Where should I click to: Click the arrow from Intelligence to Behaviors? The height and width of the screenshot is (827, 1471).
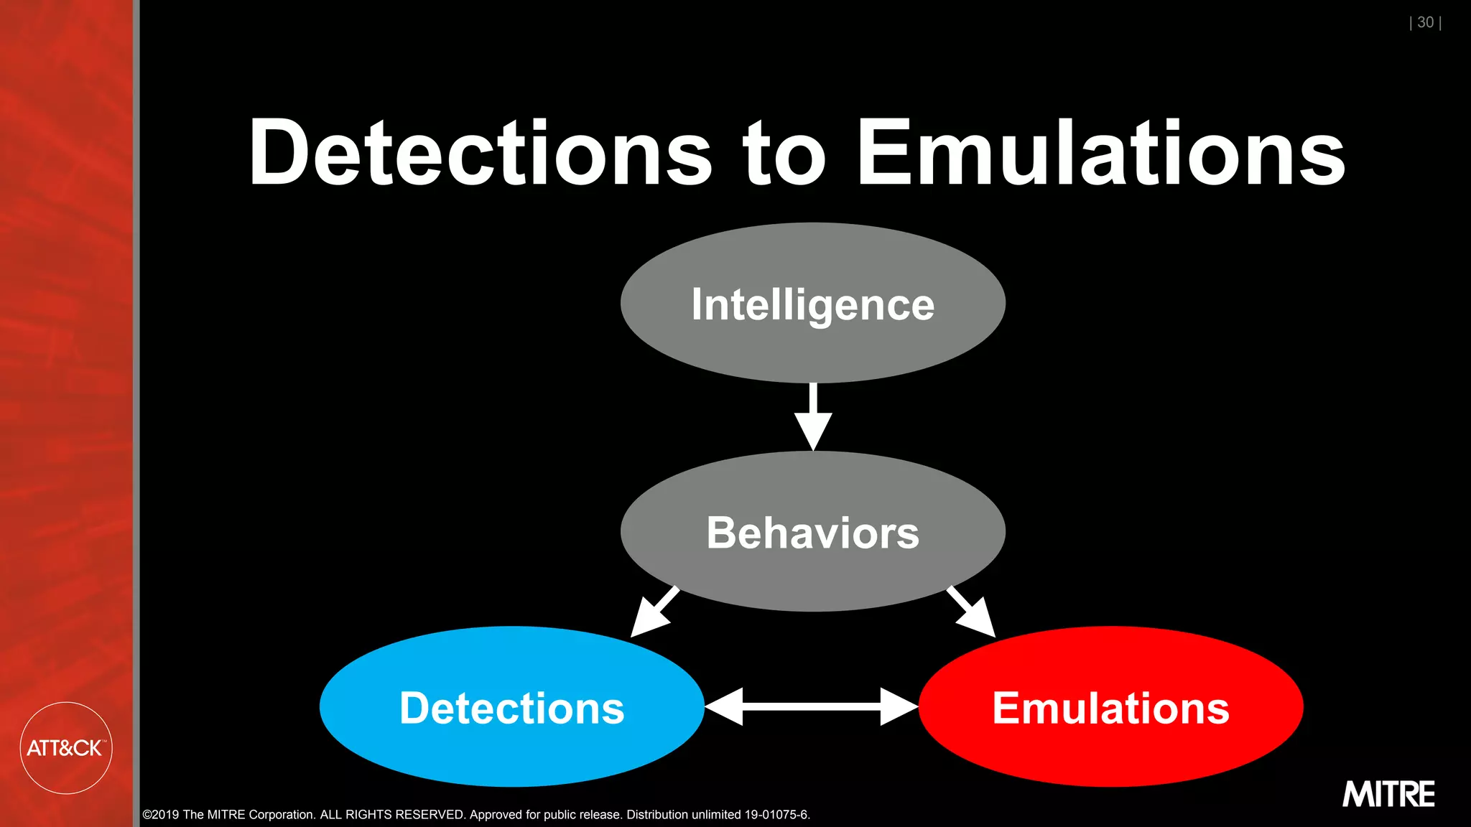pyautogui.click(x=813, y=416)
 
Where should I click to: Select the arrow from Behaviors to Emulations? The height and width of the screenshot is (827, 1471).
pyautogui.click(x=972, y=612)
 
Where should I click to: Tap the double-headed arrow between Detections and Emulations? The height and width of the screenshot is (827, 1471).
pyautogui.click(x=812, y=707)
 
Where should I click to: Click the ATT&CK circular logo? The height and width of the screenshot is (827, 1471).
pyautogui.click(x=65, y=748)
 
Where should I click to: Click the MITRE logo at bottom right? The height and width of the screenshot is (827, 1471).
pyautogui.click(x=1388, y=794)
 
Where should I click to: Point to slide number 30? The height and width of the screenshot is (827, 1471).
pyautogui.click(x=1425, y=23)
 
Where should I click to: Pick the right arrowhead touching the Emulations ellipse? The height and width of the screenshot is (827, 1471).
pyautogui.click(x=899, y=707)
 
